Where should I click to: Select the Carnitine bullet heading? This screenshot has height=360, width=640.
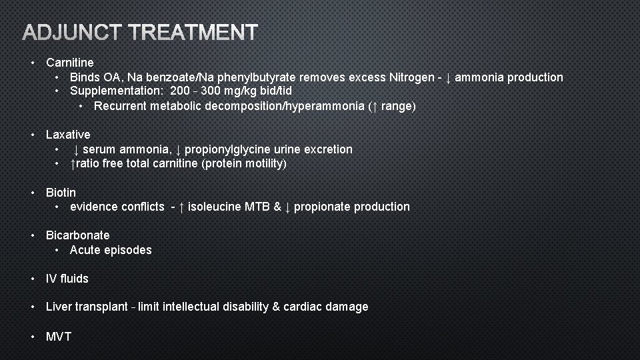pos(69,63)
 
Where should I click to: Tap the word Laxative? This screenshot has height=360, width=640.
pos(68,135)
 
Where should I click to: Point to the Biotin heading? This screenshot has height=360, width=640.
pos(61,193)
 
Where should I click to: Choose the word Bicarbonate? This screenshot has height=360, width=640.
pos(77,235)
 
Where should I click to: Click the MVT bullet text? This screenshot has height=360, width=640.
pos(58,336)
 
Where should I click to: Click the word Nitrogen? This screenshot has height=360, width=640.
pos(411,77)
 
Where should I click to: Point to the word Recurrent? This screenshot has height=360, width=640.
pos(121,106)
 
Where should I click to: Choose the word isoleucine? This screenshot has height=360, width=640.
pos(215,207)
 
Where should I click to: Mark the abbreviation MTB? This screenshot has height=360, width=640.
pos(257,207)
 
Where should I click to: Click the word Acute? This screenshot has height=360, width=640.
pos(84,250)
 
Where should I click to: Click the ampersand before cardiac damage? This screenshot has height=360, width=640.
pos(276,307)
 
